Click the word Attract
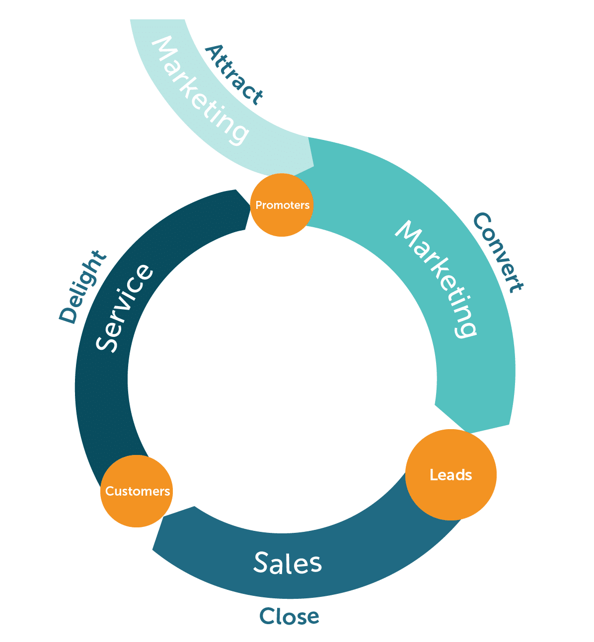[233, 75]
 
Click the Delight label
[82, 287]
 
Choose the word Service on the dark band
[124, 308]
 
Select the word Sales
[288, 563]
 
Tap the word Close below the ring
[289, 617]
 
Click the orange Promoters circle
[282, 205]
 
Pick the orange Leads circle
[450, 475]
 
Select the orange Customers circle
[137, 491]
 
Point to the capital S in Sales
[262, 562]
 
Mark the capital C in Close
[268, 617]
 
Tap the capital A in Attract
[214, 52]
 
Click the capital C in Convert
[481, 221]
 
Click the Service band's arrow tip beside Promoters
[248, 208]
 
